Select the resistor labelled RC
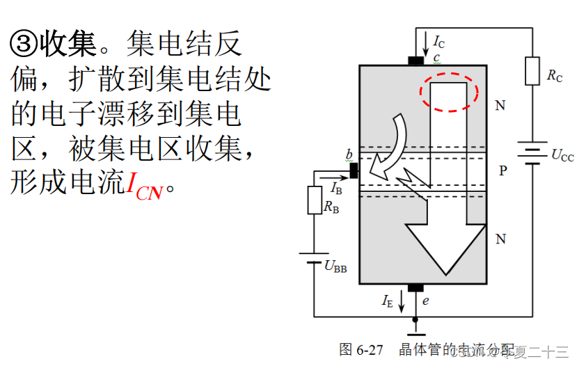pos(532,71)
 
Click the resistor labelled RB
pos(314,201)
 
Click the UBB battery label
pos(335,265)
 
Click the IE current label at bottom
pos(388,301)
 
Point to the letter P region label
pos(502,170)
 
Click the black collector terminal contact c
pos(416,61)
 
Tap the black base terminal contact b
pos(354,169)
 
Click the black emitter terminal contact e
pos(415,287)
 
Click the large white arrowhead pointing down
pos(445,247)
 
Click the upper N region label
pos(500,106)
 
